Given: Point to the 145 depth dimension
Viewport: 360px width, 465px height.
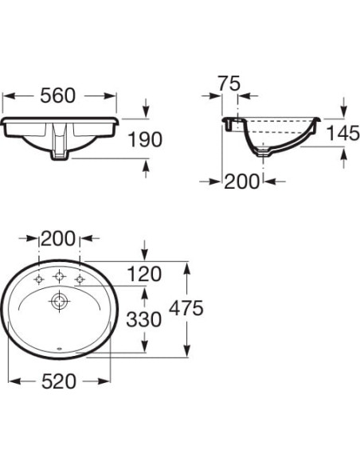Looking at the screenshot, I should tap(343, 135).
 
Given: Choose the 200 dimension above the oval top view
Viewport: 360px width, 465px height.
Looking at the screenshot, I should tap(59, 237).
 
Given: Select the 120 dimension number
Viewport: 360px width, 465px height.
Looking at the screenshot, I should tap(144, 275).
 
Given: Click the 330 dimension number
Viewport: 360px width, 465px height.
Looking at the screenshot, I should tap(144, 319).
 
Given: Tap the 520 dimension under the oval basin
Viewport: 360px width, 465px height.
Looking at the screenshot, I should tap(59, 381).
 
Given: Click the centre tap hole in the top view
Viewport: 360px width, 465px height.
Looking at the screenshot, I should tap(59, 277).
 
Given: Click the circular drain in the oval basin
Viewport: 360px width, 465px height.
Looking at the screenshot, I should tap(59, 302).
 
